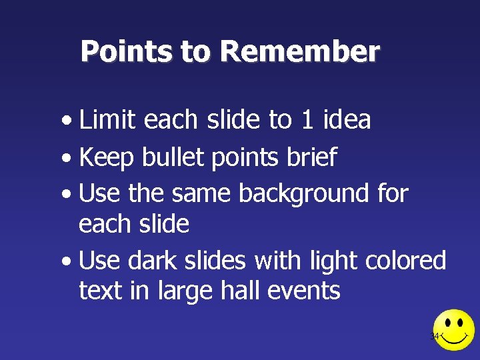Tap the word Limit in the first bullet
(107, 120)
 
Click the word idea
(347, 120)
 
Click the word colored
(406, 260)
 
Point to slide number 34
(435, 336)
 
